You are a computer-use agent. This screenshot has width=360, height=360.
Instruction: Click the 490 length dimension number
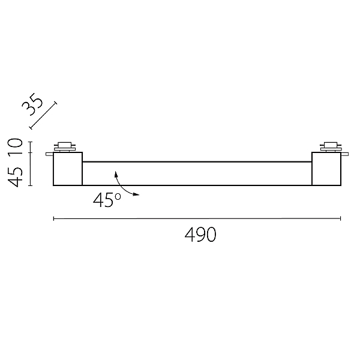[200, 235]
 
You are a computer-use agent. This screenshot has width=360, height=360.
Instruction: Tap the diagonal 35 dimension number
[32, 104]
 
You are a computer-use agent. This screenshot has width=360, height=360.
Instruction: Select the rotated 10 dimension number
[15, 146]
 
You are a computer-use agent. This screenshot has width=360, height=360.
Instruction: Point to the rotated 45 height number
[15, 177]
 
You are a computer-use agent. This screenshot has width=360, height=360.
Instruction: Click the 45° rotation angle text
[107, 200]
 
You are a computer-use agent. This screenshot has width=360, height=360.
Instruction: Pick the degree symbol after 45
[118, 196]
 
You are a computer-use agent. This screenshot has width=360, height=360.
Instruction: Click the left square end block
[68, 169]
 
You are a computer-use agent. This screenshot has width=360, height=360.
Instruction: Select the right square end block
[326, 169]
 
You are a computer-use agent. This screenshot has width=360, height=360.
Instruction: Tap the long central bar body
[197, 173]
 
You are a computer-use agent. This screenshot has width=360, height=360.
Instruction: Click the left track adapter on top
[65, 147]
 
